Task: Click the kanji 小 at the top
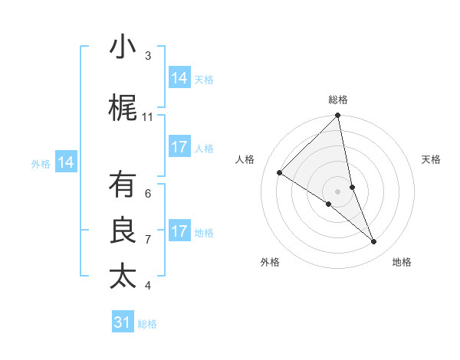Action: [123, 48]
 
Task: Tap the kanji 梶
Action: [123, 110]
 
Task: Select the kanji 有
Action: [123, 186]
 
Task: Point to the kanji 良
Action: [123, 231]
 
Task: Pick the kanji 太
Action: [123, 277]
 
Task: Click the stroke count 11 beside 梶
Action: [148, 117]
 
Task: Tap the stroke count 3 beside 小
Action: [148, 56]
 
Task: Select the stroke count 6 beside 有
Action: [148, 194]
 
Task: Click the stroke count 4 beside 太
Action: [148, 286]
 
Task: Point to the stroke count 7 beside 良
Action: [148, 240]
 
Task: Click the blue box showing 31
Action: [123, 322]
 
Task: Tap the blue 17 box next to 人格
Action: [179, 147]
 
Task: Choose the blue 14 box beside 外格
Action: [66, 162]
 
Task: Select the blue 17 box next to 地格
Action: [179, 231]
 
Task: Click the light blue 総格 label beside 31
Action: [147, 324]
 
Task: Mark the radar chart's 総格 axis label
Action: [338, 100]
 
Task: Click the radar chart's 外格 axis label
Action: [270, 262]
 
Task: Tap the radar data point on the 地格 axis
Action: [374, 242]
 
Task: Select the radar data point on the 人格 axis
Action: [280, 173]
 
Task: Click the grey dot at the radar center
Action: [337, 191]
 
